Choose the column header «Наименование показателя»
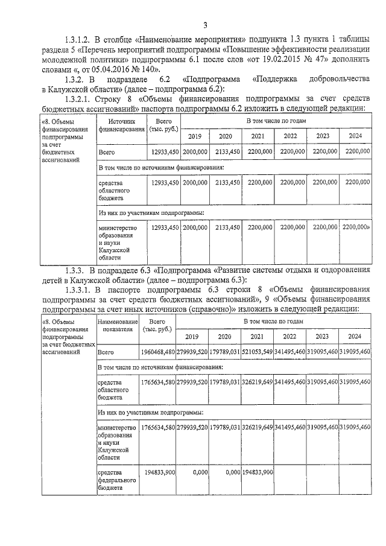pyautogui.click(x=117, y=326)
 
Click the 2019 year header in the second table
pyautogui.click(x=192, y=337)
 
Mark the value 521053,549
pyautogui.click(x=258, y=352)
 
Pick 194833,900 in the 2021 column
pyautogui.click(x=258, y=471)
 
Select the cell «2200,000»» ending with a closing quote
pyautogui.click(x=355, y=227)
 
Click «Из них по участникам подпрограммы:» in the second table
pyautogui.click(x=150, y=413)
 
